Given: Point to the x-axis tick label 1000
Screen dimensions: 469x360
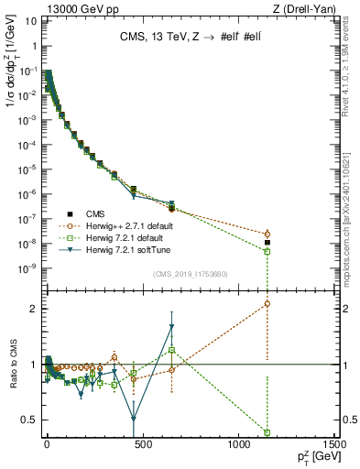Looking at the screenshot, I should click(238, 444).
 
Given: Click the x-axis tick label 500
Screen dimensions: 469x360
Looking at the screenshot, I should click(142, 444).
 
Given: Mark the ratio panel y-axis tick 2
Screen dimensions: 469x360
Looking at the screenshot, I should click(34, 309).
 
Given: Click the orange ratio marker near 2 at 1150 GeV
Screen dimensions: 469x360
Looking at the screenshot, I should click(267, 303).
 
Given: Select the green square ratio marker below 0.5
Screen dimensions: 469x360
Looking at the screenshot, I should click(267, 432).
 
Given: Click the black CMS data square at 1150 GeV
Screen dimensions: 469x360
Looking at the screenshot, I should click(267, 243).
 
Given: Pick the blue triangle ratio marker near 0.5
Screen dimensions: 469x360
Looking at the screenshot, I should click(134, 419).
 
